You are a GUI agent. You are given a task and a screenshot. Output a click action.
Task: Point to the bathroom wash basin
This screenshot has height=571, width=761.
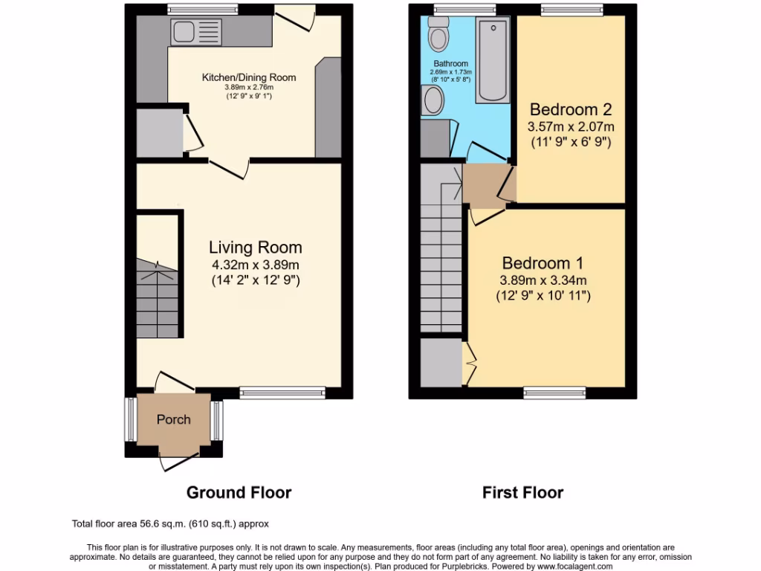pos(432,100)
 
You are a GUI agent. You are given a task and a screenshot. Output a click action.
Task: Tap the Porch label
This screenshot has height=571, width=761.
pos(173,419)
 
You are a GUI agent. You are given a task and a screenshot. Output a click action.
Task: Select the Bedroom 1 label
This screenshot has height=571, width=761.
pos(542,263)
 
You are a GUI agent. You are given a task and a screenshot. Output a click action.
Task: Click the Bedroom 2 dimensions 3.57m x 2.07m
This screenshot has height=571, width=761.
pos(571,126)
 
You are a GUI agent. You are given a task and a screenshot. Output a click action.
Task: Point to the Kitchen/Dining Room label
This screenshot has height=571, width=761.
pos(249,77)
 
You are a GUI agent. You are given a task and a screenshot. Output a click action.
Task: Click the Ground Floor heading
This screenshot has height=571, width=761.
pos(239,492)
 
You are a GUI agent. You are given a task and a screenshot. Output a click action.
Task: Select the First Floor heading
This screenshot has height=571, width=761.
pos(522,492)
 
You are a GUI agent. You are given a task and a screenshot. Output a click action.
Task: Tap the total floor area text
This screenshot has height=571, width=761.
pos(169,523)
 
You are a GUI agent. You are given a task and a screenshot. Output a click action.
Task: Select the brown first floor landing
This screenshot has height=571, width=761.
pos(483,186)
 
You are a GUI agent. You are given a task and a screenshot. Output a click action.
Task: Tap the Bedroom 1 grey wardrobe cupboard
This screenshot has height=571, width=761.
pos(441,362)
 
